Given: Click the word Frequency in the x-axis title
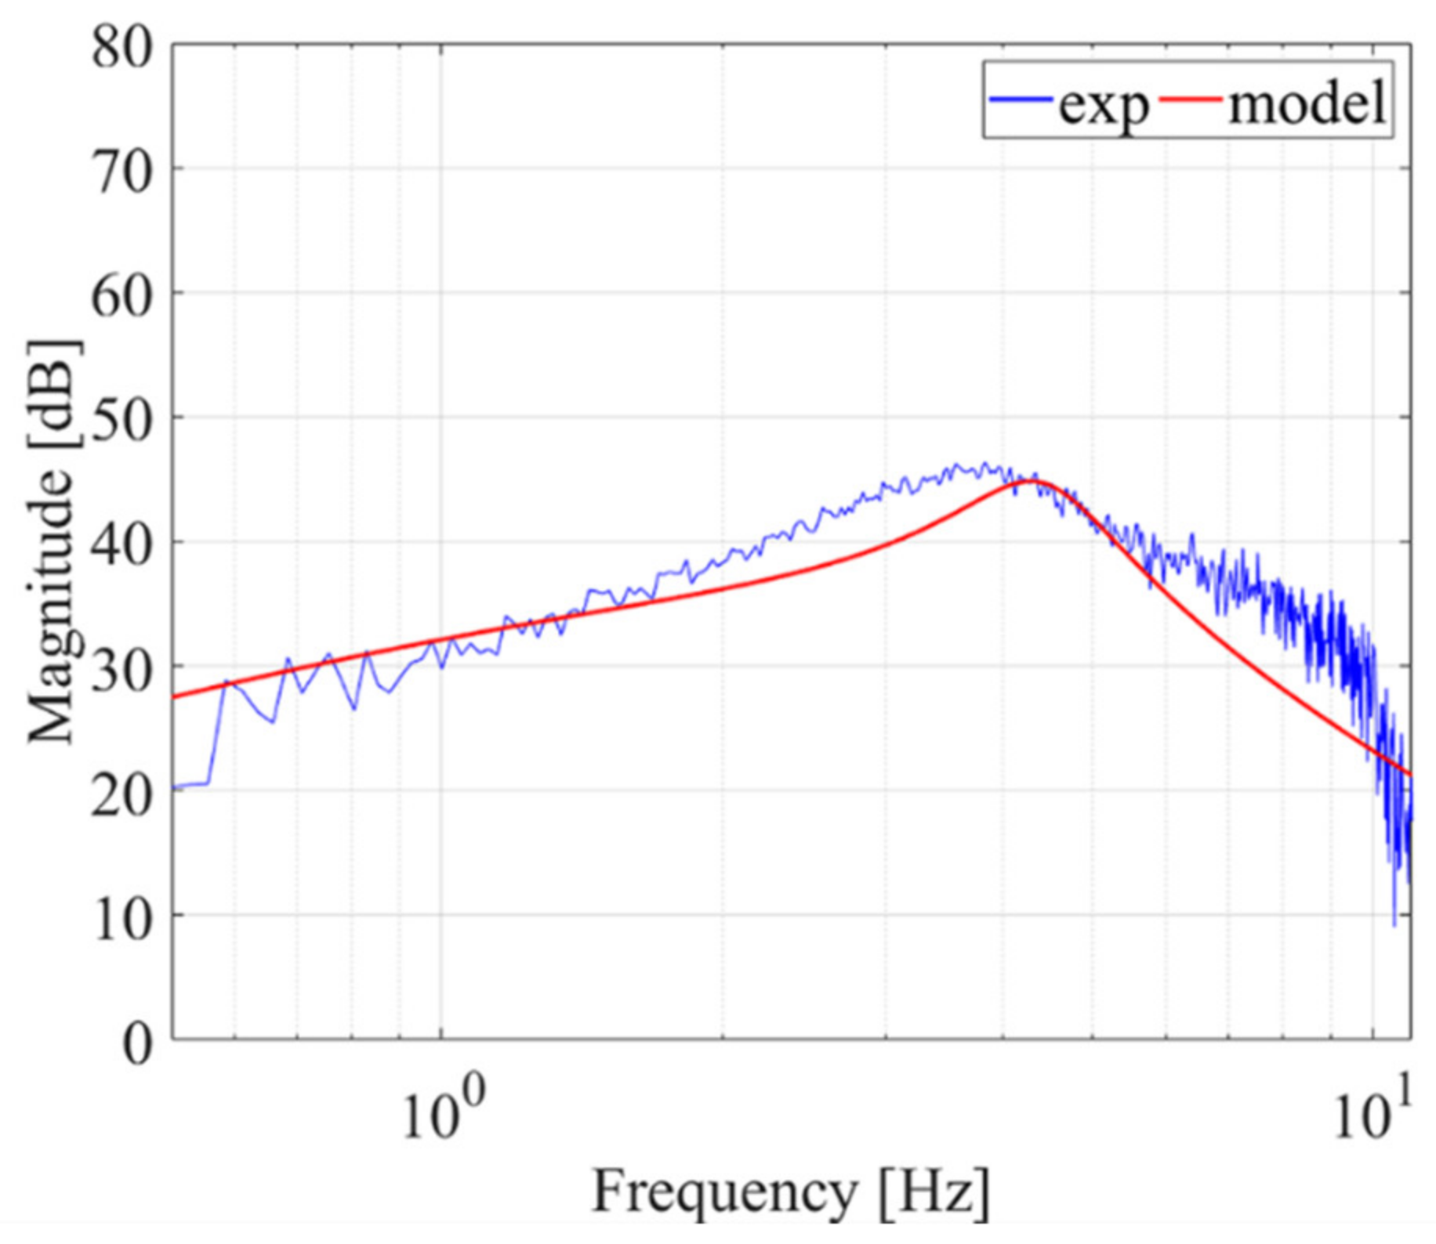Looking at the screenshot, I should [724, 1192].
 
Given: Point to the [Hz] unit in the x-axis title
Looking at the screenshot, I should [934, 1192].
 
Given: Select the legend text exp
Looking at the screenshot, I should [1103, 103].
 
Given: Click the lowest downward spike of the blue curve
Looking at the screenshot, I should [1394, 924].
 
